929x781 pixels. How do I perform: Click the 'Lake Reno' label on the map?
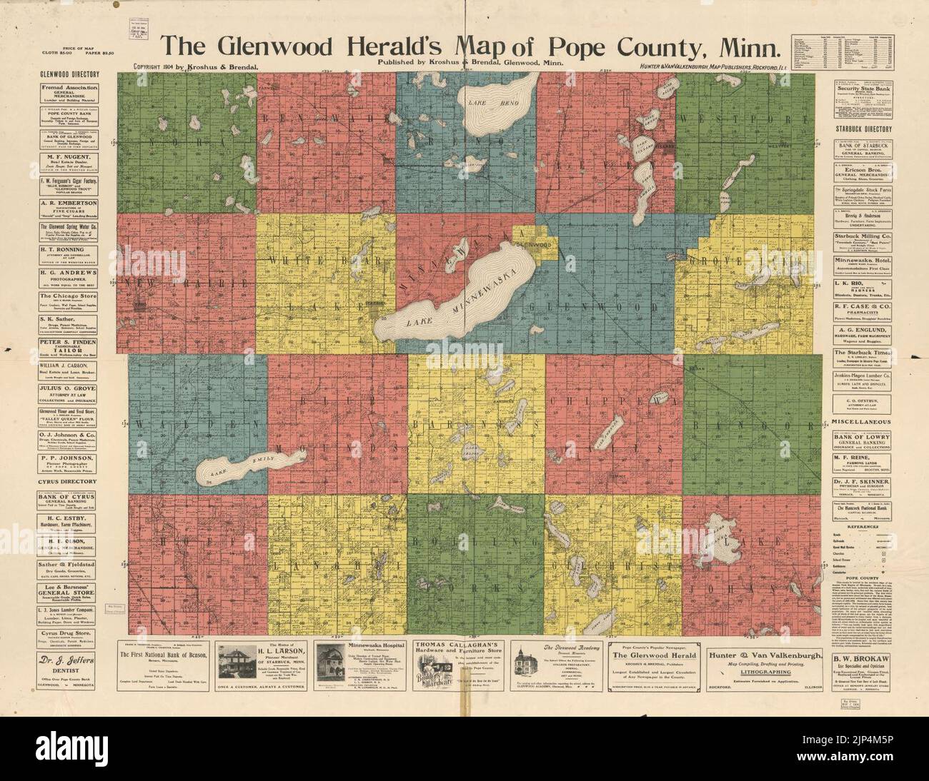[x=482, y=104]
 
